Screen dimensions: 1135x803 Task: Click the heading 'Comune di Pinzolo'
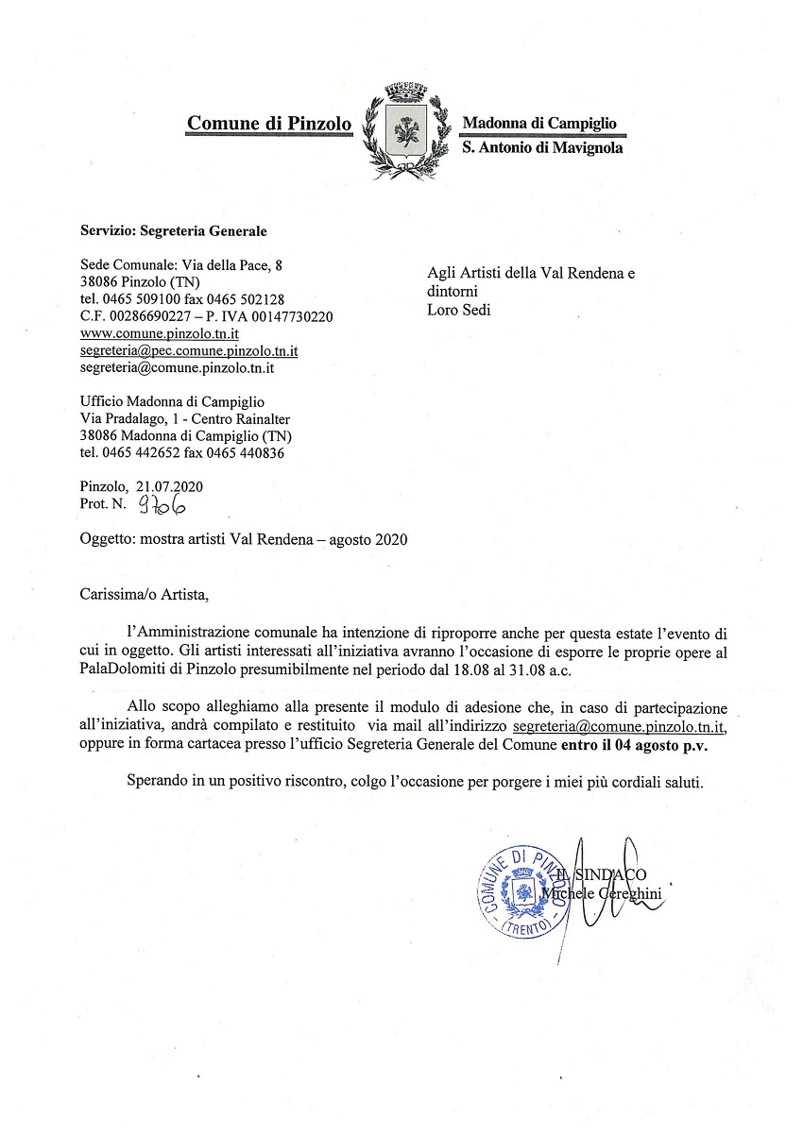[x=269, y=123]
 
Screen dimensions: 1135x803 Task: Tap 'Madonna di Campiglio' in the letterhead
[x=538, y=123]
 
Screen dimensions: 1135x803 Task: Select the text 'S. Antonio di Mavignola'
[x=542, y=147]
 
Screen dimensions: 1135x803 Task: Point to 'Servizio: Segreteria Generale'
[x=174, y=230]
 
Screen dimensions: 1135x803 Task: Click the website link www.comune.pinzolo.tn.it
[x=160, y=333]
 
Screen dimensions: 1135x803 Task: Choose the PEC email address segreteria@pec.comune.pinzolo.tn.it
[x=190, y=350]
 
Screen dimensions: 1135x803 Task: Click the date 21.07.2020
[x=170, y=487]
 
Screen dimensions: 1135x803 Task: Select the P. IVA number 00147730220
[x=292, y=316]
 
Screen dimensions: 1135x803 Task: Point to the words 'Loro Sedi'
[x=459, y=309]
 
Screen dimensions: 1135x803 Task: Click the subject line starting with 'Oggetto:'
[x=244, y=540]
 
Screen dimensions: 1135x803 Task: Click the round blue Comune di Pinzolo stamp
[x=521, y=889]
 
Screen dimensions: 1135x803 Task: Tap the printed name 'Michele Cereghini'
[x=605, y=892]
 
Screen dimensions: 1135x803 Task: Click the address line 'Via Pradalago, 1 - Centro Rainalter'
[x=185, y=419]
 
